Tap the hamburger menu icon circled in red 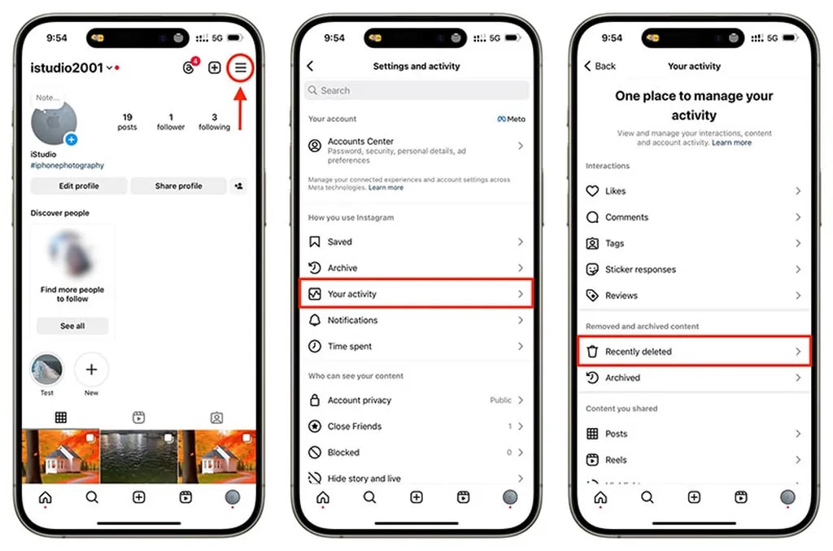coord(241,68)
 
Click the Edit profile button coord(79,186)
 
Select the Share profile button coord(178,186)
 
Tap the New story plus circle coord(91,370)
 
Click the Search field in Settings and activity coord(416,90)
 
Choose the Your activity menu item coord(416,294)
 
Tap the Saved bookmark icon coord(315,242)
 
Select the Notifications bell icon coord(315,320)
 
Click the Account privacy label coord(360,400)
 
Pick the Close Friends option coord(355,426)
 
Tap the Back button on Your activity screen coord(600,66)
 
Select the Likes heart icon coord(592,191)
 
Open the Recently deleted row coord(694,352)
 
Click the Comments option coord(626,217)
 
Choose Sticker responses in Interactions coord(640,269)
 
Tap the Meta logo coord(511,119)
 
